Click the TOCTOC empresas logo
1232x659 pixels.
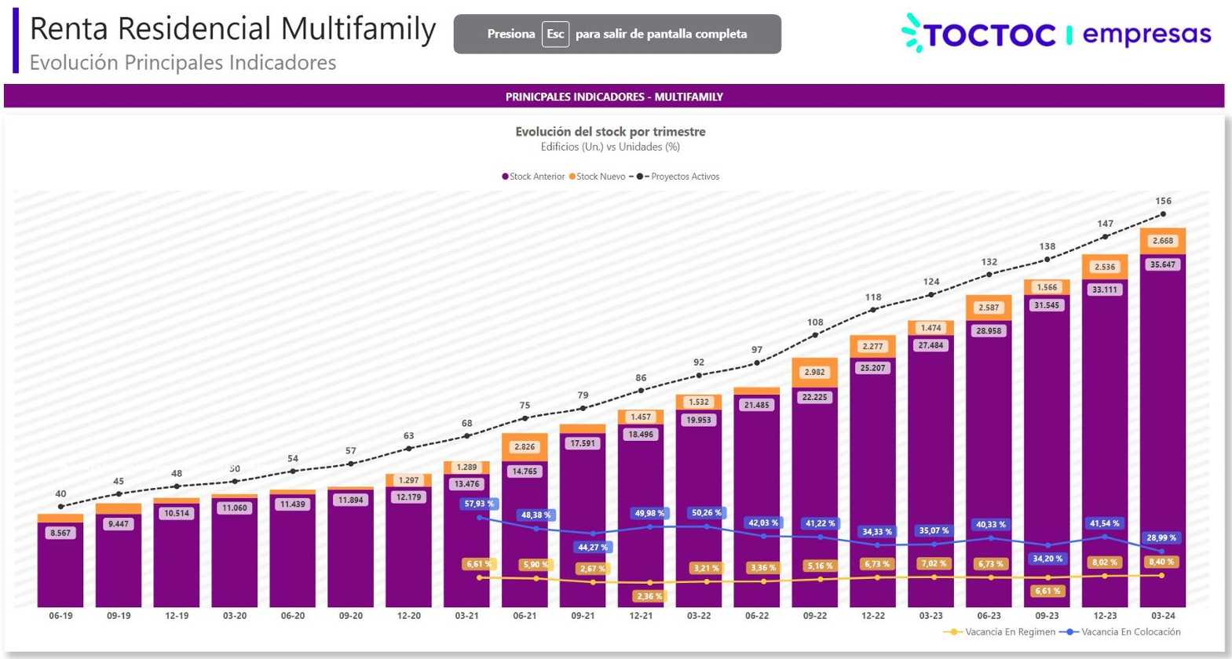point(1056,35)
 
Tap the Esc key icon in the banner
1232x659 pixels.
point(555,35)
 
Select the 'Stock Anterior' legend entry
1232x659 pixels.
point(533,177)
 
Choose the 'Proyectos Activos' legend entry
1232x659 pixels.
point(679,177)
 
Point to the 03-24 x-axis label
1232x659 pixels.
point(1163,616)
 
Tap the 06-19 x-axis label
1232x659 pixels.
point(60,616)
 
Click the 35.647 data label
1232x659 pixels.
point(1163,265)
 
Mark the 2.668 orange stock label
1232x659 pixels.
point(1163,241)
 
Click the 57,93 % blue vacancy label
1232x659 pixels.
point(479,504)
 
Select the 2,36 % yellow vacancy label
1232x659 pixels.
point(649,596)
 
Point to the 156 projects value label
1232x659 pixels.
point(1163,201)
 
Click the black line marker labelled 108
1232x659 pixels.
point(815,335)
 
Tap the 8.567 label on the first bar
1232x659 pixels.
point(60,533)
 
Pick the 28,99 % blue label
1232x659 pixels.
point(1161,538)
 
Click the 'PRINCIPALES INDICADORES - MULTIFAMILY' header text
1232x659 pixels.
point(614,96)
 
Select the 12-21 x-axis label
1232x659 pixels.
point(641,616)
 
